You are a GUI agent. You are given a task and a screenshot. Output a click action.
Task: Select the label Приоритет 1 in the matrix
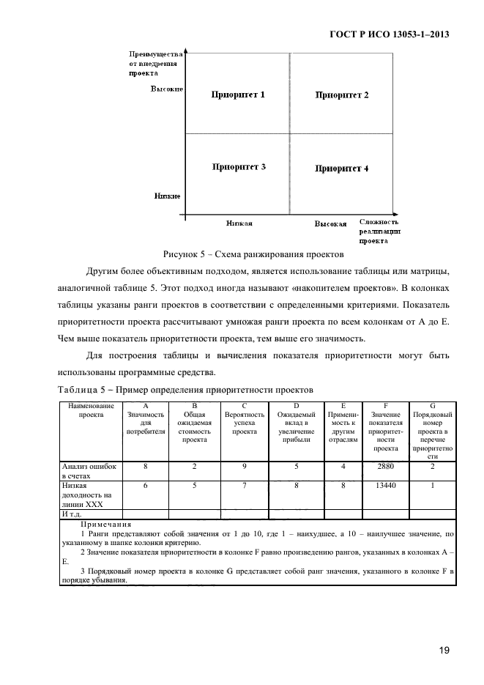pyautogui.click(x=238, y=95)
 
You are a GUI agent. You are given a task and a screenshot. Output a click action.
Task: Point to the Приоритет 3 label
pyautogui.click(x=238, y=167)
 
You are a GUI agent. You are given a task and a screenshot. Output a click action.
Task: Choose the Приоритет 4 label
pyautogui.click(x=341, y=169)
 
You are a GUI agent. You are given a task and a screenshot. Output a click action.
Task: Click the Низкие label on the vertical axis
pyautogui.click(x=168, y=196)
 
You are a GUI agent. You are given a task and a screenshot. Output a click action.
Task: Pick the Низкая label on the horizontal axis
pyautogui.click(x=239, y=223)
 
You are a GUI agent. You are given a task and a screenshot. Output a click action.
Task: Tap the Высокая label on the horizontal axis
pyautogui.click(x=331, y=223)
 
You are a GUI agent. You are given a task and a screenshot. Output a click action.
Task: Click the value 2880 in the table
pyautogui.click(x=385, y=466)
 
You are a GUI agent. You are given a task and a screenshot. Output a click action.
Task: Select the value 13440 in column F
pyautogui.click(x=385, y=485)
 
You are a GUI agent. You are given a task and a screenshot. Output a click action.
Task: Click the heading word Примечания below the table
pyautogui.click(x=106, y=525)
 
